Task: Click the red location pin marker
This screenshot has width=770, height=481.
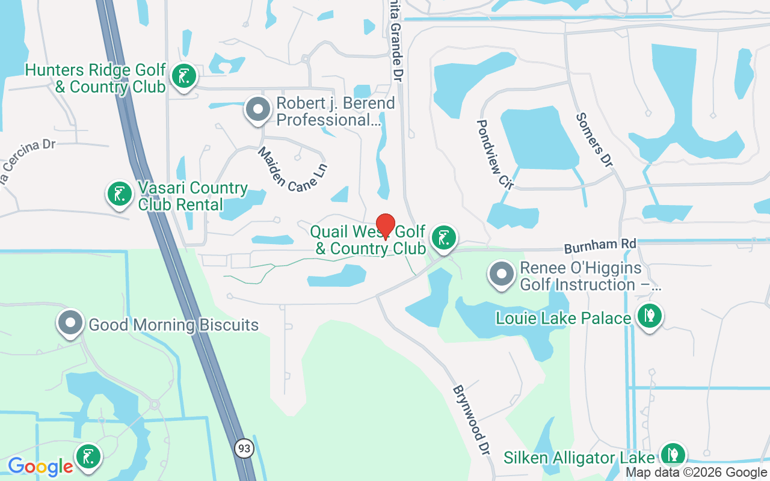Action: point(385,227)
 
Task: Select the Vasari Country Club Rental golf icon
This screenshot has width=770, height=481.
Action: point(119,194)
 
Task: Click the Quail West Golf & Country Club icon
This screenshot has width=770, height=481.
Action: point(444,238)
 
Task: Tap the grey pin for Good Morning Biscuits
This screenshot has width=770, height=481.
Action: point(70,323)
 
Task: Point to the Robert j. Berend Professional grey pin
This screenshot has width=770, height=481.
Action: point(258,110)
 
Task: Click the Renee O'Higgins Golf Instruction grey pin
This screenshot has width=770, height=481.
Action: point(501,274)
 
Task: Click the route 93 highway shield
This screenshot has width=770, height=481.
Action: point(244,449)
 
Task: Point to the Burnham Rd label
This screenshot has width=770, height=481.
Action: point(599,245)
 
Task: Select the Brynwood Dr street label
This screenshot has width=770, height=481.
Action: point(469,420)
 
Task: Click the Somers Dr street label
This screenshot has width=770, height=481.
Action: point(594,140)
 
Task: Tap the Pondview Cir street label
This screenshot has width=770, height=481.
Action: point(494,154)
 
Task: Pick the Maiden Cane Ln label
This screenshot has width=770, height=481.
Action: point(293,170)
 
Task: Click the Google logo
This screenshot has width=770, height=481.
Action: point(40,466)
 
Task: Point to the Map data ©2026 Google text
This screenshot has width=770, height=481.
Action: point(696,473)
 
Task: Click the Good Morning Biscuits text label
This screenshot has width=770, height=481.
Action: point(173,325)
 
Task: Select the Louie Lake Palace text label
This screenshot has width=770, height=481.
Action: point(563,317)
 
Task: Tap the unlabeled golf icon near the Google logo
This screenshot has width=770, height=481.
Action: point(88,456)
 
